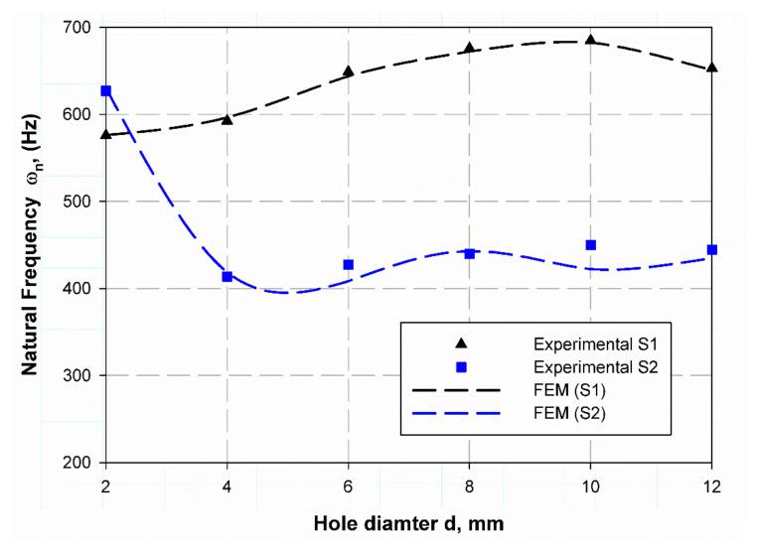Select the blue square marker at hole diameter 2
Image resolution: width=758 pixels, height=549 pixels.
coord(106,91)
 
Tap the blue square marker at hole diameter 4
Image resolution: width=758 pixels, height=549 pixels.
coord(227,277)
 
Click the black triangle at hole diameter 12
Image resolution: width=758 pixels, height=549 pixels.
coord(711,69)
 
